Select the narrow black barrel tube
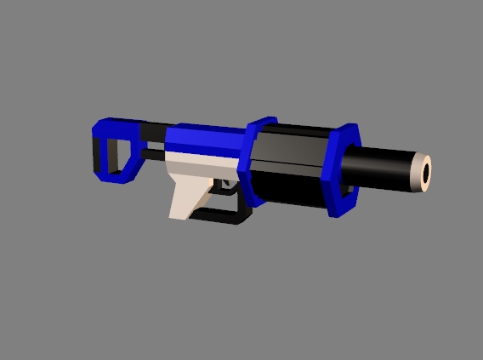383,168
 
